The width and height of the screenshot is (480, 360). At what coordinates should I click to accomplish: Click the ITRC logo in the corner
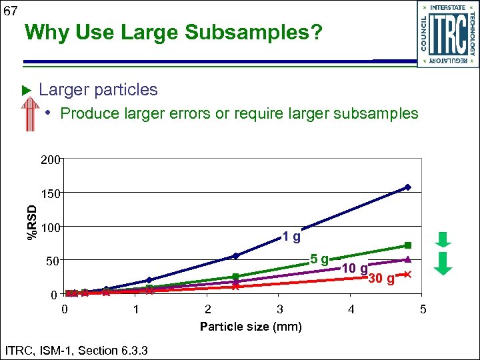pyautogui.click(x=447, y=34)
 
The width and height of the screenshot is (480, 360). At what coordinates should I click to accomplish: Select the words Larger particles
pyautogui.click(x=98, y=89)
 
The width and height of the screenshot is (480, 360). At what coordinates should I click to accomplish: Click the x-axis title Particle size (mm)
pyautogui.click(x=251, y=327)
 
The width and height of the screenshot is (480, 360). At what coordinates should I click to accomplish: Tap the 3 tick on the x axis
pyautogui.click(x=280, y=309)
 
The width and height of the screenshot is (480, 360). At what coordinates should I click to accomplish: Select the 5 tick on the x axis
pyautogui.click(x=422, y=309)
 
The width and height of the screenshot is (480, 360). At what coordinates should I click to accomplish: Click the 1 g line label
pyautogui.click(x=291, y=236)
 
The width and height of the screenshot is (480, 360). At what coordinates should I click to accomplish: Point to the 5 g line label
pyautogui.click(x=319, y=259)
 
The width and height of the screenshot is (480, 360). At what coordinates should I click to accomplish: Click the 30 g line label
pyautogui.click(x=381, y=279)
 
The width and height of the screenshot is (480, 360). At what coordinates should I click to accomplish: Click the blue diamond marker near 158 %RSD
pyautogui.click(x=408, y=187)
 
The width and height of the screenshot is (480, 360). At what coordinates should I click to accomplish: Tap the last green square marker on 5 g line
pyautogui.click(x=408, y=245)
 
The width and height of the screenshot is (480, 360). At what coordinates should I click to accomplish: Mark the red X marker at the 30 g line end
pyautogui.click(x=407, y=275)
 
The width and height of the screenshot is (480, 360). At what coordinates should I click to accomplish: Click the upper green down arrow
pyautogui.click(x=445, y=239)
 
